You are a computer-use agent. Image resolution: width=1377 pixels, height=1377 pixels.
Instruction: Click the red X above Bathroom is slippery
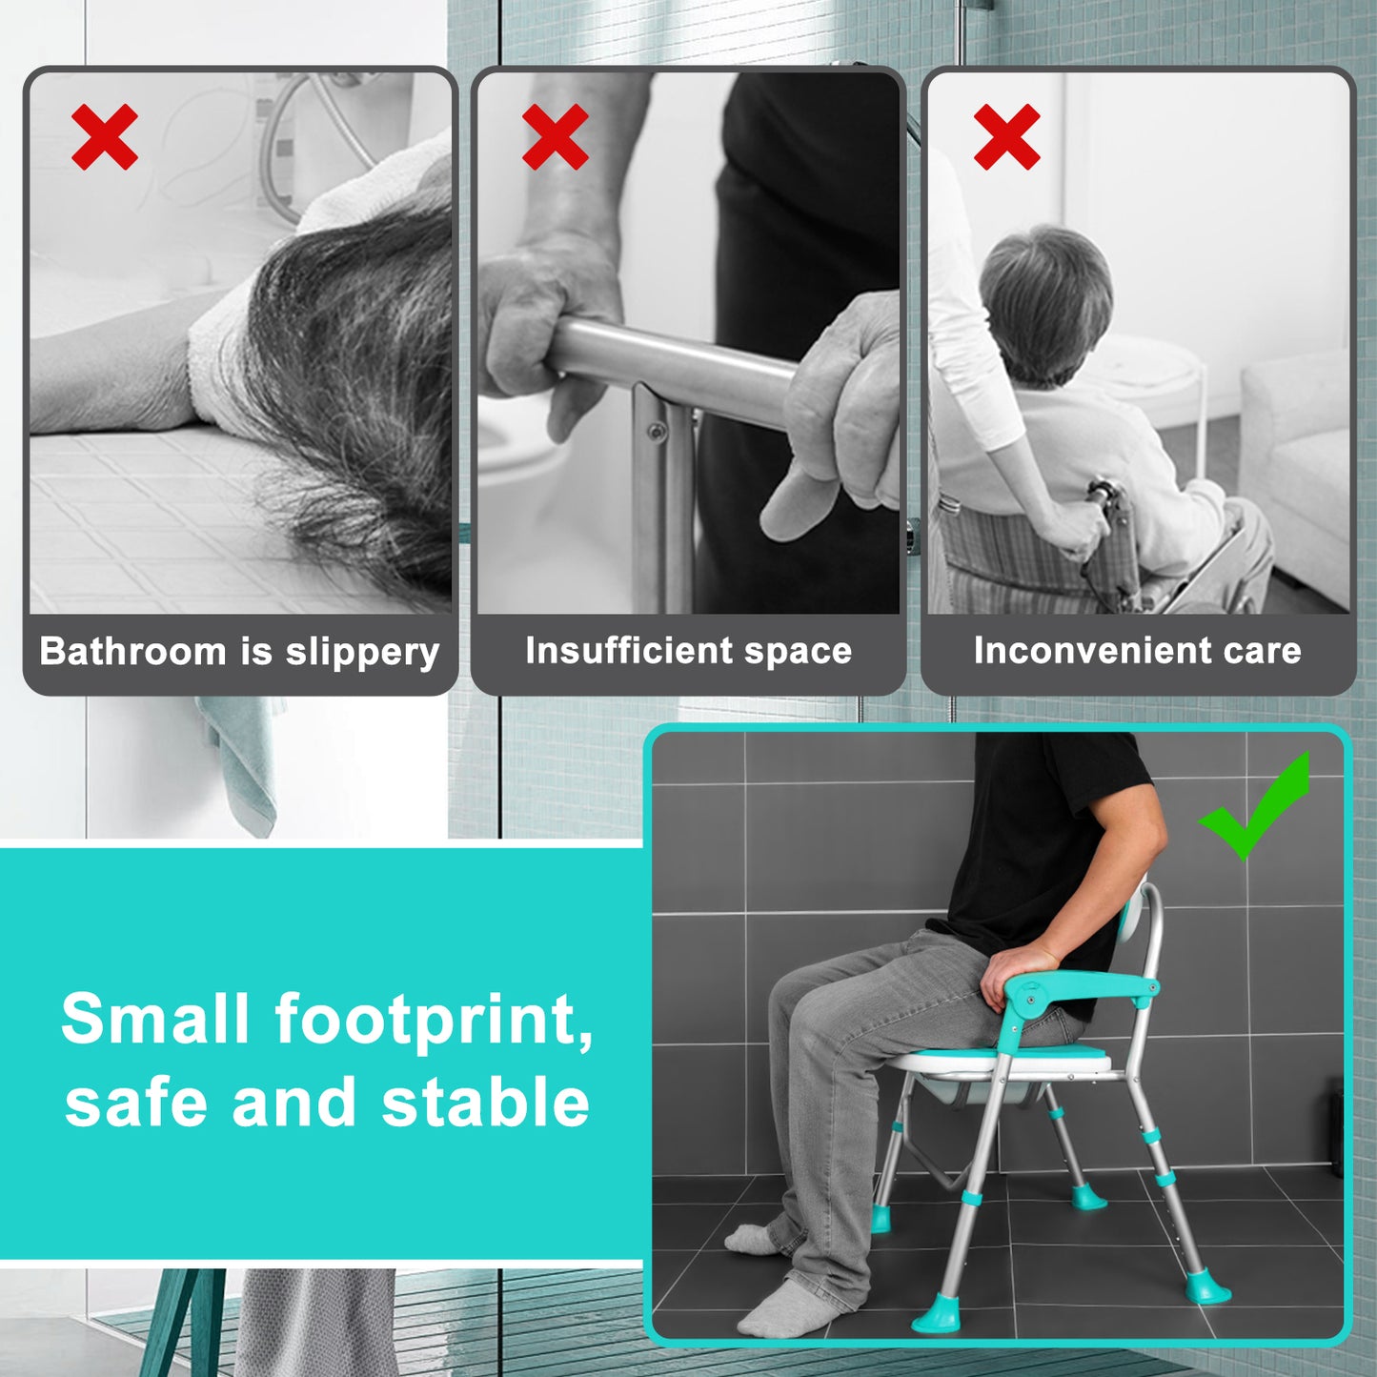tap(105, 138)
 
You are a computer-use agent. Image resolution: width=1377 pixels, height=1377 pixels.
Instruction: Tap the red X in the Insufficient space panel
tap(556, 138)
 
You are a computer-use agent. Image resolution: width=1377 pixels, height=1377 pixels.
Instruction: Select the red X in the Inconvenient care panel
tap(1006, 138)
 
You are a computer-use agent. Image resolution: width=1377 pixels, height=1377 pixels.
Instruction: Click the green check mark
tap(1255, 808)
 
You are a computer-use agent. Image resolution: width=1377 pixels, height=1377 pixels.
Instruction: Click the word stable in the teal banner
tap(485, 1104)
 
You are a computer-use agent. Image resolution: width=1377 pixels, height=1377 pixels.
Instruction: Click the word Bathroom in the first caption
tap(132, 652)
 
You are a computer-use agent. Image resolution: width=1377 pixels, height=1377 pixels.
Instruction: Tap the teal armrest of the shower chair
tap(1086, 988)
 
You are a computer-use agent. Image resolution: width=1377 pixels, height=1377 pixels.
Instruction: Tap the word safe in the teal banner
tap(135, 1104)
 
